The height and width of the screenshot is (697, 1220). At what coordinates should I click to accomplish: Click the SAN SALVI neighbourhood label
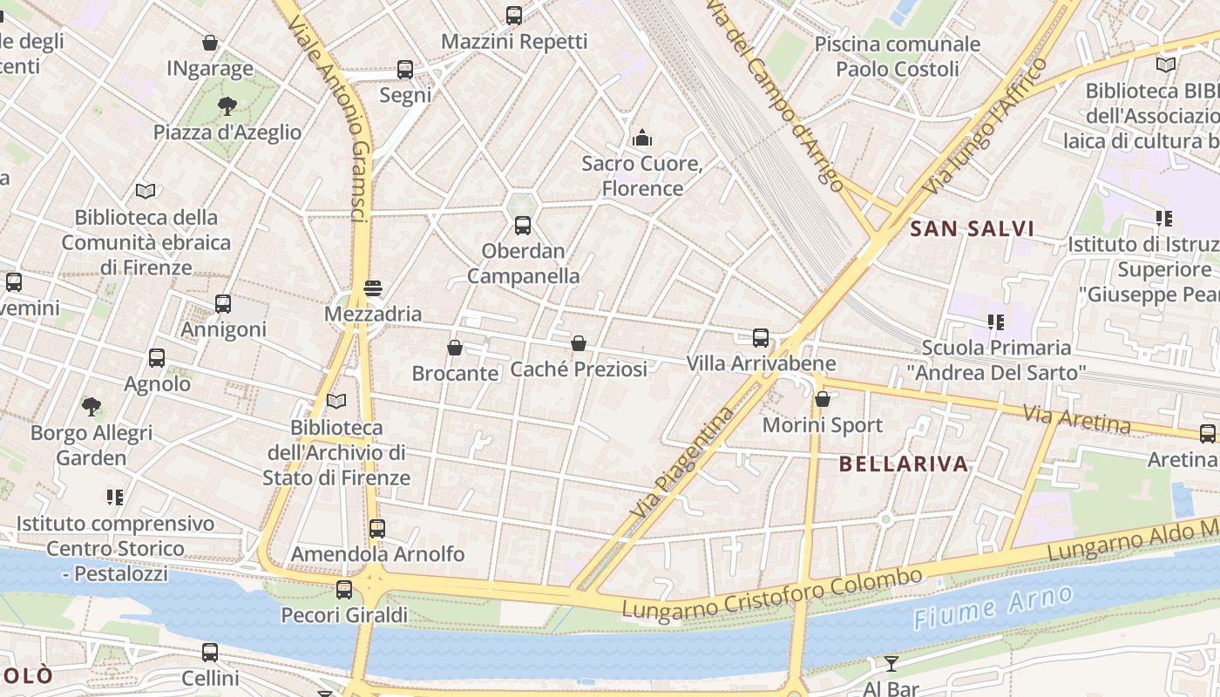972,229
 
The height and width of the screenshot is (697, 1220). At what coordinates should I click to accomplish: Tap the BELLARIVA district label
904,464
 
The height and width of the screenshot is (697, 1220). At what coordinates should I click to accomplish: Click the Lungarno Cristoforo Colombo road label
772,593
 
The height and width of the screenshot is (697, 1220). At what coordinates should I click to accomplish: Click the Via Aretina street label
1076,419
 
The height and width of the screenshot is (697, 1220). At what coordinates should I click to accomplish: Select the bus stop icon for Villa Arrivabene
761,338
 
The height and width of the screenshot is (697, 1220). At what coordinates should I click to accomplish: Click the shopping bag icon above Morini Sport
822,399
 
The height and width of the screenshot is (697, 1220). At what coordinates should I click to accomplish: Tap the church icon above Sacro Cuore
642,138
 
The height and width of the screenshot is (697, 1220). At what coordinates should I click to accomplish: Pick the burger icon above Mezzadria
373,288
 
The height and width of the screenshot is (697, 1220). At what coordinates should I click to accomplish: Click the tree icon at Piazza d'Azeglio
227,106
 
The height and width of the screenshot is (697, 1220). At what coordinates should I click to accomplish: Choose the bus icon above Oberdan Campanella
523,226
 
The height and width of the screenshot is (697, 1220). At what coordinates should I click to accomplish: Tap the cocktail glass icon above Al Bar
891,664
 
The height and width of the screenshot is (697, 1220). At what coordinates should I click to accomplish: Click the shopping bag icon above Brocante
454,348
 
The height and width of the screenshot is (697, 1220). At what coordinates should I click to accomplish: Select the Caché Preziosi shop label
579,369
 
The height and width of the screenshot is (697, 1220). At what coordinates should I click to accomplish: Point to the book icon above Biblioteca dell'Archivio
335,401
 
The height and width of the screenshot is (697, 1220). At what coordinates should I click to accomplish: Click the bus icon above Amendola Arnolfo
376,528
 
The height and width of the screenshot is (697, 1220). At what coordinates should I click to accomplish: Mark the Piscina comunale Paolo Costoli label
898,56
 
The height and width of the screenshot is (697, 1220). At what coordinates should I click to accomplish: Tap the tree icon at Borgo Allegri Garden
91,406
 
